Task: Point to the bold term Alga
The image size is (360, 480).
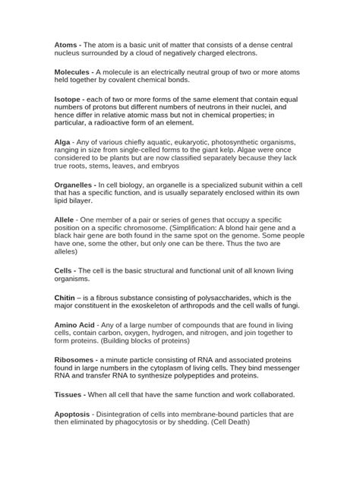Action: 65,141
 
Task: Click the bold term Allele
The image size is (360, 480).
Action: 68,219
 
